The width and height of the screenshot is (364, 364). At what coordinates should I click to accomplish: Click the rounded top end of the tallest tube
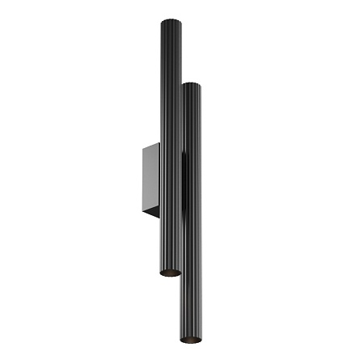(171, 22)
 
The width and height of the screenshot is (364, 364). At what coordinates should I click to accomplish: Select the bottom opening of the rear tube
(170, 273)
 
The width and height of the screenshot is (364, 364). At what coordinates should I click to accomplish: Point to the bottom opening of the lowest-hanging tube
(191, 338)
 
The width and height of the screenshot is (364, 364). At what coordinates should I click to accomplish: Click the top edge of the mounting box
(152, 144)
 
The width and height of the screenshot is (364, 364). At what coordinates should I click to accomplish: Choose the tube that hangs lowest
(191, 243)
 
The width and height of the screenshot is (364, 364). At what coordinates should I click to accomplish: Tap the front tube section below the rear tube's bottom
(191, 307)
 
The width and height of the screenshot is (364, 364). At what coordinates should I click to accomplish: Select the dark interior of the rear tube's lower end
(170, 273)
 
